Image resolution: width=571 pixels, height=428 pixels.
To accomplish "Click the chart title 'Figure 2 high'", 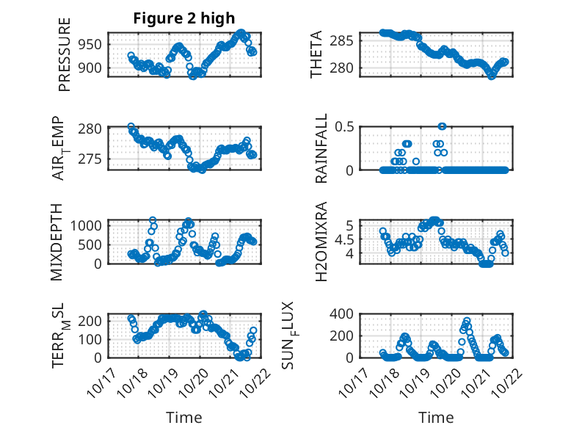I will click(x=184, y=18).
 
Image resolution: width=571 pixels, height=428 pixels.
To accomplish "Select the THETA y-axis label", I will click(x=316, y=54).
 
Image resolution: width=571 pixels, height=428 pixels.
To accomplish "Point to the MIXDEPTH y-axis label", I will click(x=57, y=242).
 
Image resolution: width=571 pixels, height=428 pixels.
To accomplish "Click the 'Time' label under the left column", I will click(x=184, y=417).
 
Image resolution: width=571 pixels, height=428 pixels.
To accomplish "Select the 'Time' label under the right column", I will click(x=436, y=417).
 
